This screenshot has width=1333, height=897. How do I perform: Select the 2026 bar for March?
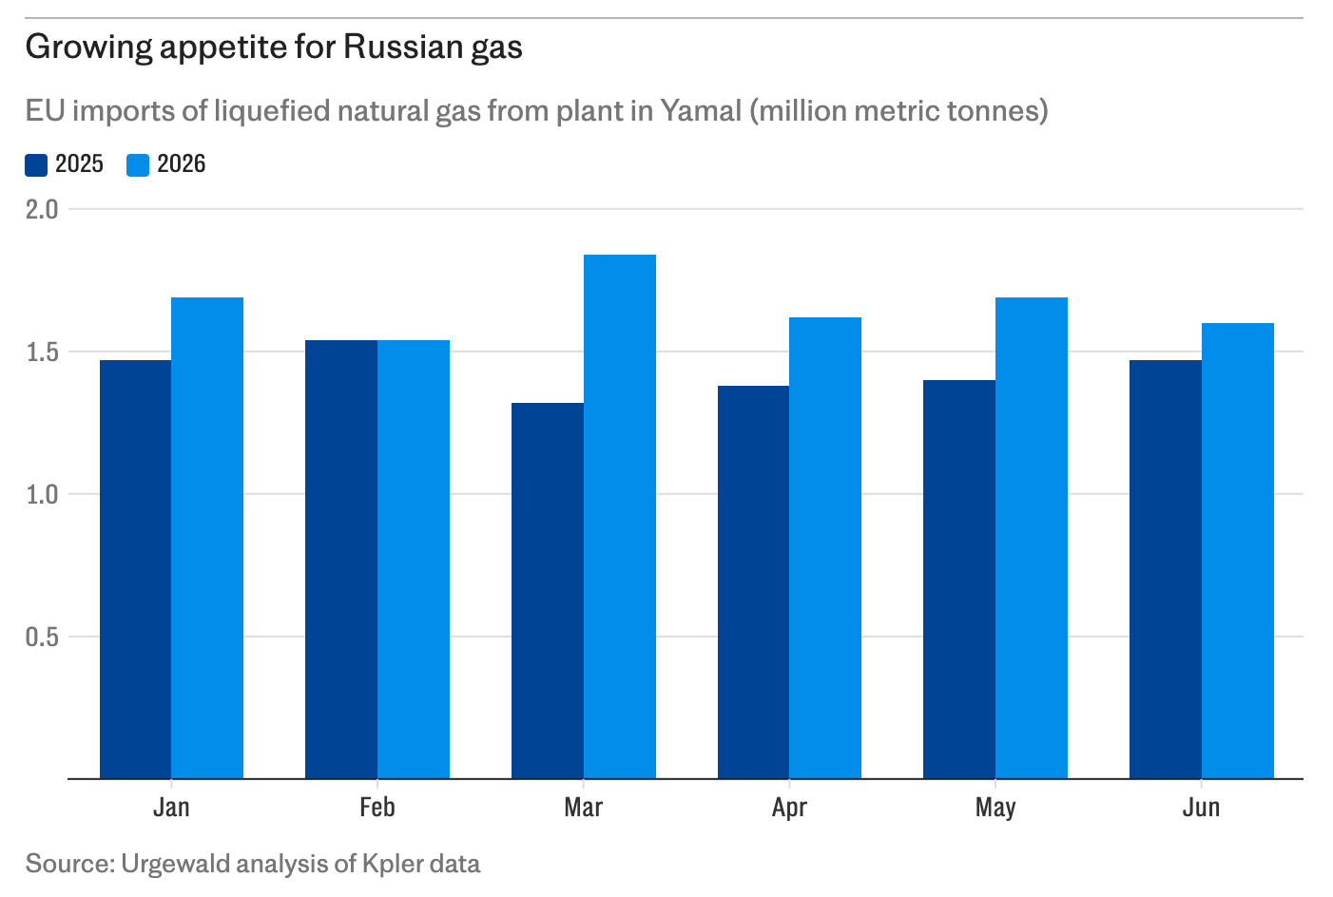620,517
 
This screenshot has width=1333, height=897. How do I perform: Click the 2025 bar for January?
136,569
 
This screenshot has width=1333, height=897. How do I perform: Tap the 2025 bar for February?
341,559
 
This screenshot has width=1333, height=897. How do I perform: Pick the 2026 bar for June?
1238,551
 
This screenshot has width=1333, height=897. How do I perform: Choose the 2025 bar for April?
753,582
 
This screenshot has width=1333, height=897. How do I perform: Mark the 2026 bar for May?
1032,538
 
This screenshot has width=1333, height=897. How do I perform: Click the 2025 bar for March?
548,591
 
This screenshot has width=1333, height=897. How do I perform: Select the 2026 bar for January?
207,538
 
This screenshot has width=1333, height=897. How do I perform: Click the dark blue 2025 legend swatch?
36,164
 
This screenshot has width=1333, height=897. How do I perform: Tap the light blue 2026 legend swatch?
138,164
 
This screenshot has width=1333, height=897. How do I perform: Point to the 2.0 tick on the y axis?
42,209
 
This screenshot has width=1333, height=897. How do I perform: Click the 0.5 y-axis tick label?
42,637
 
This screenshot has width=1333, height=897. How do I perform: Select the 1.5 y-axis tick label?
42,353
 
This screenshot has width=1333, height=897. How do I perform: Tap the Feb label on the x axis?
377,807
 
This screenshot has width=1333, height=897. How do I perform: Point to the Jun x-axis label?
1202,807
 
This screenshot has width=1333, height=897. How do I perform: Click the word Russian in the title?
403,47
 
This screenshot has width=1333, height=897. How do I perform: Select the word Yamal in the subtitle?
701,110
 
